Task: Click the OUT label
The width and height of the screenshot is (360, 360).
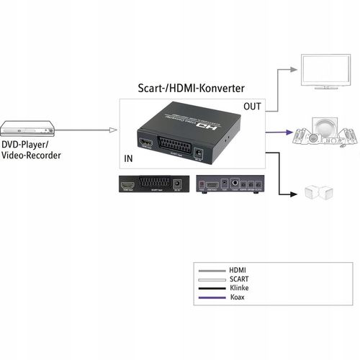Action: (253, 107)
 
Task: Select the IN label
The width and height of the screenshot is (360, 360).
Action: (128, 157)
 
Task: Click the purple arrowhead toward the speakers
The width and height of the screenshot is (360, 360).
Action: (289, 133)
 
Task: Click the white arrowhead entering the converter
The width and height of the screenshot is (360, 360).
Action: (112, 130)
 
